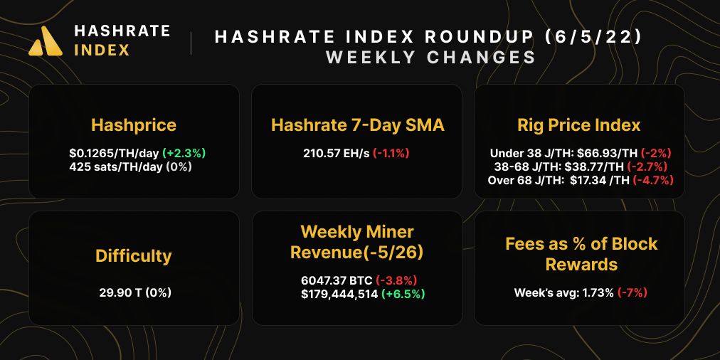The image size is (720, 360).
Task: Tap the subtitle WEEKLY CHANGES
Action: [x=430, y=58]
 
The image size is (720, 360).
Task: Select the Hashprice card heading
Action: [x=134, y=125]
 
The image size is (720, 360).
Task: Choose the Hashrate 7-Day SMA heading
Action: [x=358, y=125]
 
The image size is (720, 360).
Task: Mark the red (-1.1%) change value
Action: [x=391, y=153]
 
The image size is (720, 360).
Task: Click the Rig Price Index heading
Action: [x=579, y=125]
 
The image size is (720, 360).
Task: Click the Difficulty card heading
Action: [x=134, y=255]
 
